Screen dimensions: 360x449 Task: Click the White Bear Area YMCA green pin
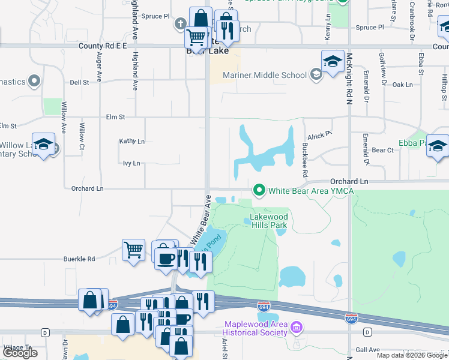pyautogui.click(x=259, y=190)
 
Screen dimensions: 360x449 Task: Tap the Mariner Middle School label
pyautogui.click(x=264, y=75)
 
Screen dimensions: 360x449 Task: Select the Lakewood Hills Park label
pyautogui.click(x=269, y=221)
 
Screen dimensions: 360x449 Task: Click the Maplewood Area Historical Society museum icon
pyautogui.click(x=295, y=328)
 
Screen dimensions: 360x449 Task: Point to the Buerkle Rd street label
pyautogui.click(x=79, y=259)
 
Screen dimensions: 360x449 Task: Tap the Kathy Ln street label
pyautogui.click(x=132, y=141)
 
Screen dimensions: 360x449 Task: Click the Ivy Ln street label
pyautogui.click(x=131, y=163)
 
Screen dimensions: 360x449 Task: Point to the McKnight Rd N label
pyautogui.click(x=349, y=79)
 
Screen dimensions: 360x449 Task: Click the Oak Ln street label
pyautogui.click(x=402, y=85)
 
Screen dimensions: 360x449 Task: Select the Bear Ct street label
pyautogui.click(x=382, y=150)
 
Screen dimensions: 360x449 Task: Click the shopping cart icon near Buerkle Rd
pyautogui.click(x=133, y=249)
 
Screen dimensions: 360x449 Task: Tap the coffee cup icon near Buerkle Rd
pyautogui.click(x=165, y=258)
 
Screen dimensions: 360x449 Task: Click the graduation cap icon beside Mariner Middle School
pyautogui.click(x=333, y=61)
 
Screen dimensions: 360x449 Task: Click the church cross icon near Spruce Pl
pyautogui.click(x=179, y=24)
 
